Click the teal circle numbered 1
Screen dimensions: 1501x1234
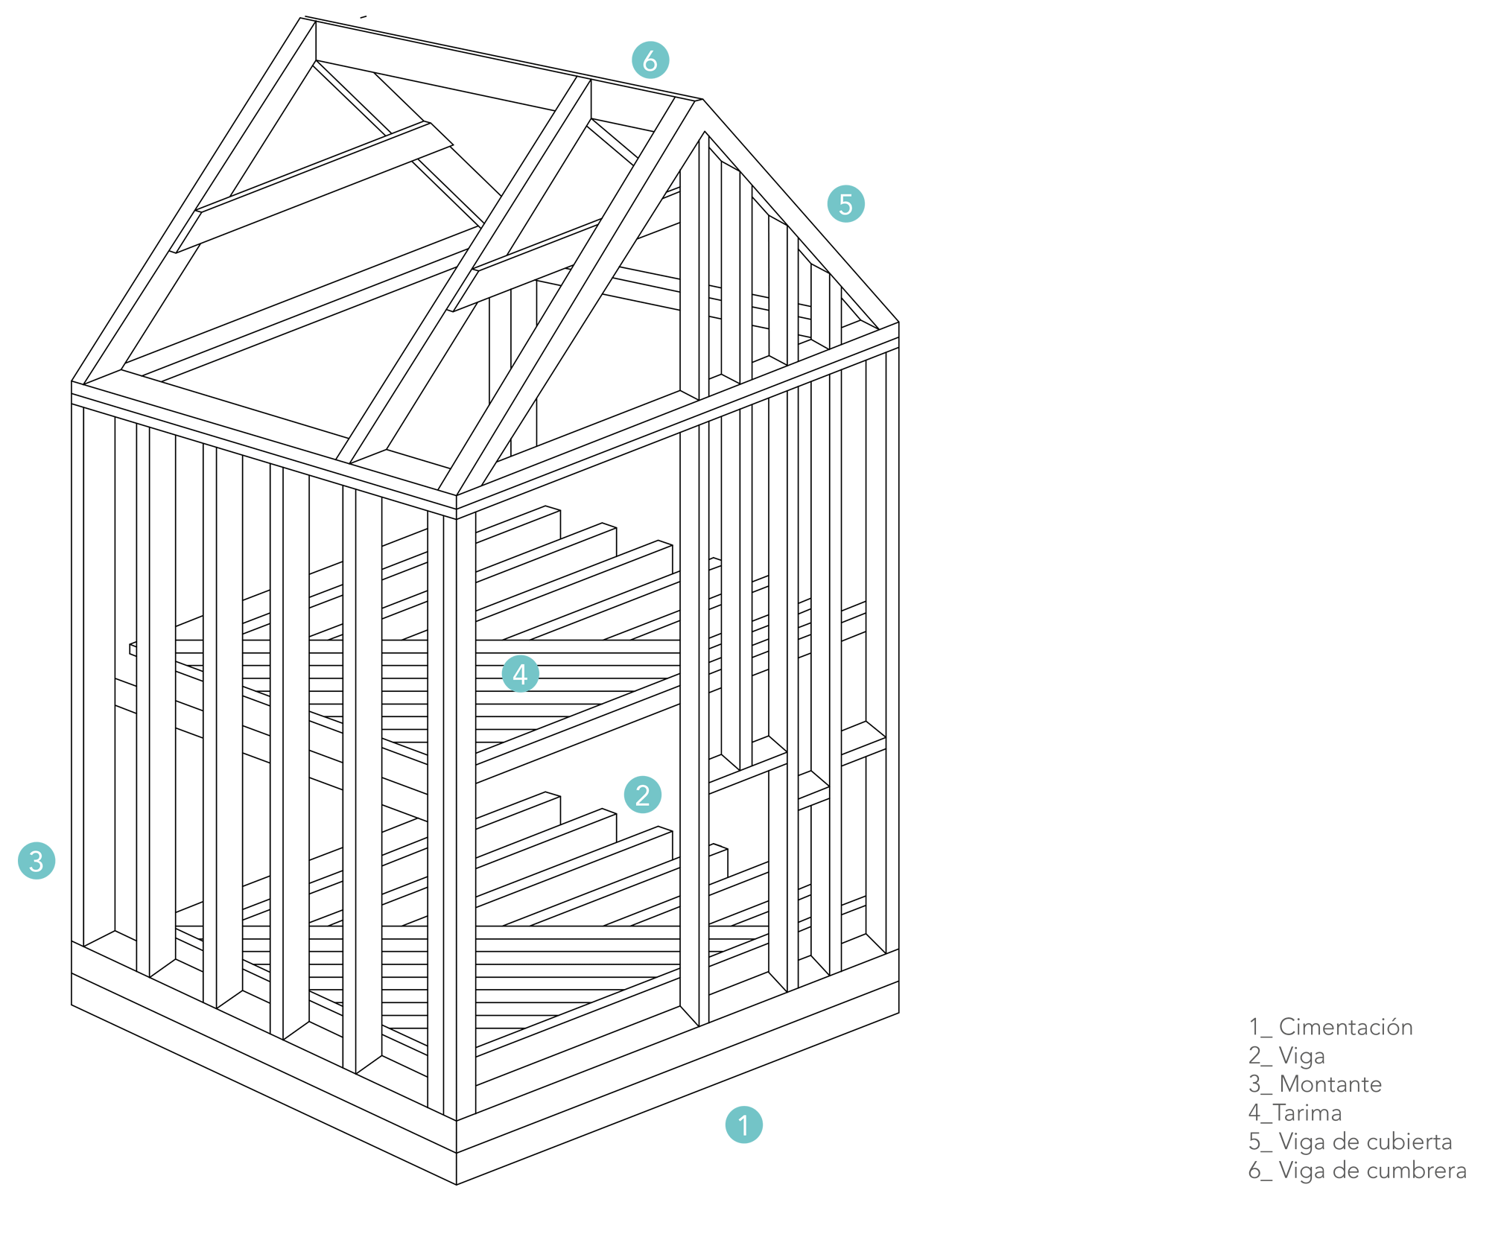click(x=743, y=1125)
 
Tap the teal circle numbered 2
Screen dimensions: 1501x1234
click(x=643, y=795)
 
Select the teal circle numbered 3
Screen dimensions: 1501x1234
click(x=37, y=861)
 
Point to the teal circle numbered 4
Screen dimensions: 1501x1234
click(x=521, y=674)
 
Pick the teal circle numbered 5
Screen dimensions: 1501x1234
click(x=846, y=204)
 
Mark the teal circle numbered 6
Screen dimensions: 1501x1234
click(x=650, y=60)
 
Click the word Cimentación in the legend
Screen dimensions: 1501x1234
click(x=1345, y=1027)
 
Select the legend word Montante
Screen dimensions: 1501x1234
click(x=1330, y=1084)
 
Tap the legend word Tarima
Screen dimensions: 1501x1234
click(x=1307, y=1113)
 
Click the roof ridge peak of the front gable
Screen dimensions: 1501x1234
click(x=702, y=100)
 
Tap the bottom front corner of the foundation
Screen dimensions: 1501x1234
click(x=457, y=1184)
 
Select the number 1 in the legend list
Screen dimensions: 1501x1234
click(x=1254, y=1027)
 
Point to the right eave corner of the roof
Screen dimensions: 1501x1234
click(x=899, y=322)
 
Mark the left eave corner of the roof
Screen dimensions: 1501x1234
click(x=72, y=382)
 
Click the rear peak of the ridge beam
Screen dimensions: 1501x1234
click(x=302, y=17)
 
